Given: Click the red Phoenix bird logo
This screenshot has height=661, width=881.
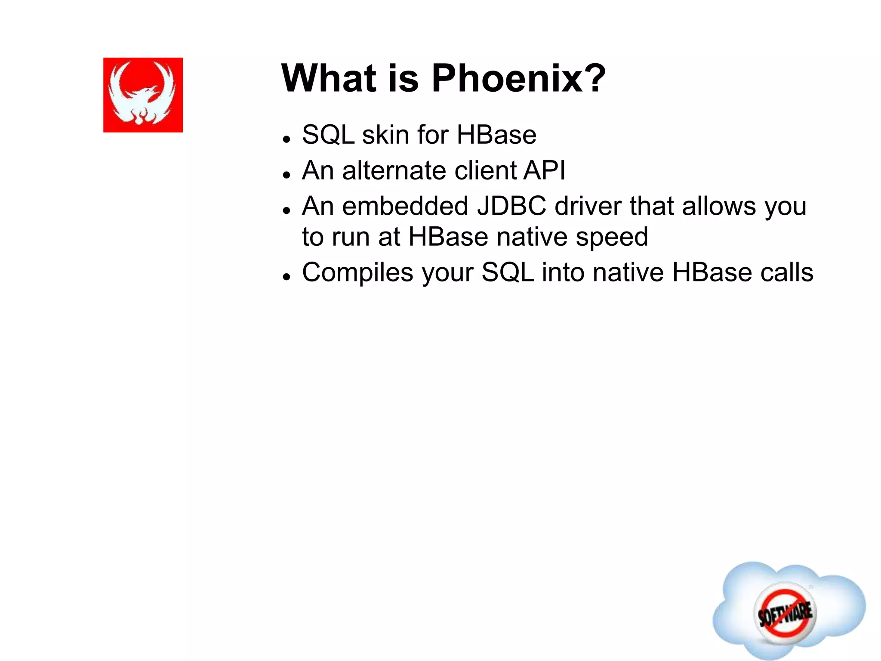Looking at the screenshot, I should (143, 95).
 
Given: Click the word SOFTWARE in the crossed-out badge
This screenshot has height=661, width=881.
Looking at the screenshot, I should (786, 613).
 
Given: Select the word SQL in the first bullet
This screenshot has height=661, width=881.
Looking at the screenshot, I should (328, 135).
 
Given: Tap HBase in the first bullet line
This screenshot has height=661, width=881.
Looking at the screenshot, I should (496, 135).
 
